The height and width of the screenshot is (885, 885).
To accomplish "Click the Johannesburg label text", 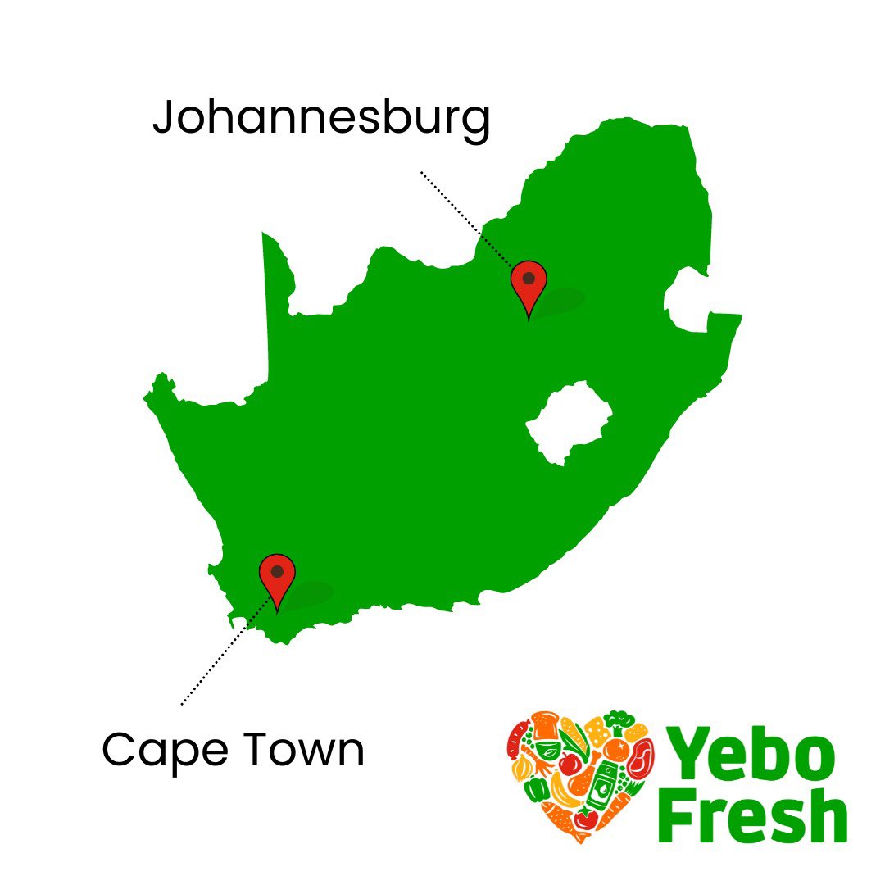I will coord(321,120).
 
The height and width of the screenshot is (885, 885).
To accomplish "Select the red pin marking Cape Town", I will coord(277,575).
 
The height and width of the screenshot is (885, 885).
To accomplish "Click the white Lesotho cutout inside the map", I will coord(570,422).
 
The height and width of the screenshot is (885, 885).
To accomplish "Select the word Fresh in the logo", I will coord(752,815).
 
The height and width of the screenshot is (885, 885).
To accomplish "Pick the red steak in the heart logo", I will coord(638,758).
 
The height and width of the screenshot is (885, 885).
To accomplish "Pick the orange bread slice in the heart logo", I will coord(544,726).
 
